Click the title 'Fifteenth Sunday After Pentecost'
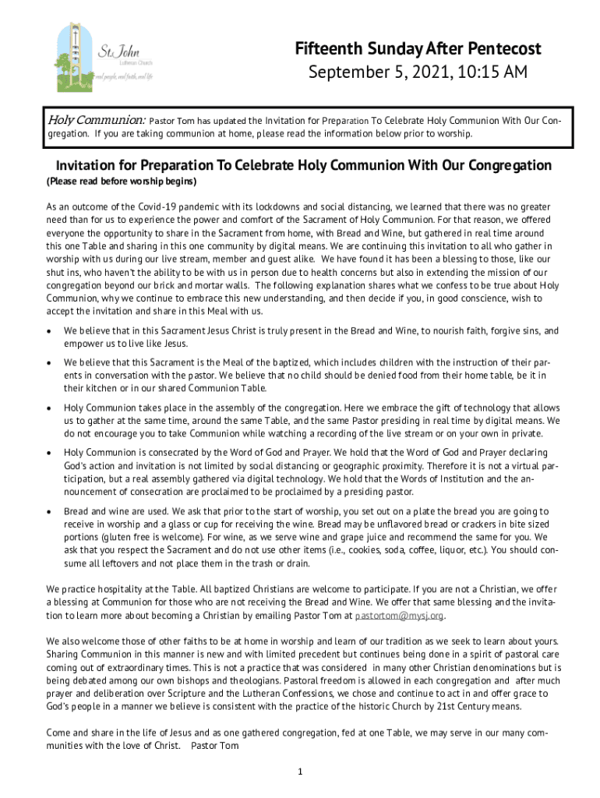[418, 49]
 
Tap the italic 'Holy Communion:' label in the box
[97, 121]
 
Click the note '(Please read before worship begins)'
[122, 182]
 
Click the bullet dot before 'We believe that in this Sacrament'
[50, 331]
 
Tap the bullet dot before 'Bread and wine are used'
[50, 511]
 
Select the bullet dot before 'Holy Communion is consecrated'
[50, 453]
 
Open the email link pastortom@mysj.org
[399, 615]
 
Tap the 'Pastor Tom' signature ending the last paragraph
[214, 746]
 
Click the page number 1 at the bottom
[299, 772]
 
